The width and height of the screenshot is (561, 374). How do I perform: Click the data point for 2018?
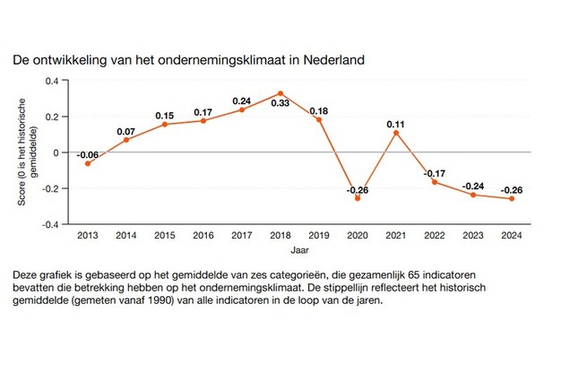point(280,93)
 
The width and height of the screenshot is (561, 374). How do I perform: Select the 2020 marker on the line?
point(358,198)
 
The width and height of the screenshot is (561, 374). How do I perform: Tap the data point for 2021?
point(396,133)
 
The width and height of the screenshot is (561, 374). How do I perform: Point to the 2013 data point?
point(87,163)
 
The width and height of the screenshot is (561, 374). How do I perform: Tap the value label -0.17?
point(435,171)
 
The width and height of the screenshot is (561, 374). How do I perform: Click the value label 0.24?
point(242,100)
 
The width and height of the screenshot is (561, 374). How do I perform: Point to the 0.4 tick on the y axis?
point(52,81)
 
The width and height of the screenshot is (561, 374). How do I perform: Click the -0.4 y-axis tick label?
point(50,224)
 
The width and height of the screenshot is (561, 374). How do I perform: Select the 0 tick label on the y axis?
point(56,152)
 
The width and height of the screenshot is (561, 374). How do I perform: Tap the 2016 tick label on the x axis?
point(203,235)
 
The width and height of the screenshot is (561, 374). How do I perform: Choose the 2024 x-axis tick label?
point(512,235)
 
